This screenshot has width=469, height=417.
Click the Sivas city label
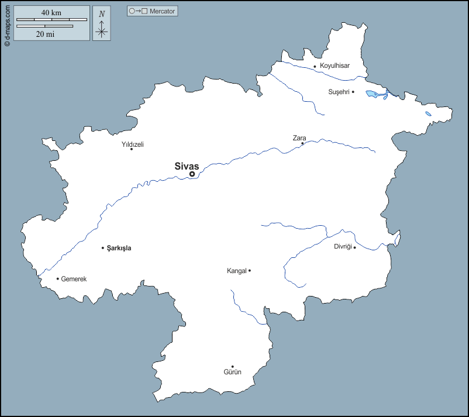pyautogui.click(x=187, y=166)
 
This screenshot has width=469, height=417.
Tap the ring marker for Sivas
pyautogui.click(x=192, y=174)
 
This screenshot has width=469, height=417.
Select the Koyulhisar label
pyautogui.click(x=334, y=66)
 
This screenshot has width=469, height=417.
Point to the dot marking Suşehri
pyautogui.click(x=353, y=92)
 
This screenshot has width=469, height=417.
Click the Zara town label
pyautogui.click(x=299, y=138)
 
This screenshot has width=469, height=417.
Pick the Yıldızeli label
pyautogui.click(x=133, y=144)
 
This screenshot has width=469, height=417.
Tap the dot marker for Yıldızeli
pyautogui.click(x=132, y=149)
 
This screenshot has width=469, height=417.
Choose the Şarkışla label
pyautogui.click(x=119, y=248)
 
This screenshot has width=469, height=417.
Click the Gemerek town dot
pyautogui.click(x=57, y=278)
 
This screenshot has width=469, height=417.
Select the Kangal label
pyautogui.click(x=236, y=271)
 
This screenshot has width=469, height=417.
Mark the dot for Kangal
pyautogui.click(x=250, y=270)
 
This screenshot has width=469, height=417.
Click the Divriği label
pyautogui.click(x=343, y=247)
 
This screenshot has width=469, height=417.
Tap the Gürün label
pyautogui.click(x=232, y=372)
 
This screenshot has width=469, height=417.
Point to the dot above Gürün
pyautogui.click(x=232, y=367)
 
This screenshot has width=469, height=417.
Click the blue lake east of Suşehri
pyautogui.click(x=375, y=93)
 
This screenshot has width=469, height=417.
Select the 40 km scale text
pyautogui.click(x=51, y=12)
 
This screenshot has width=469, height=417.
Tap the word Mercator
pyautogui.click(x=163, y=11)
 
